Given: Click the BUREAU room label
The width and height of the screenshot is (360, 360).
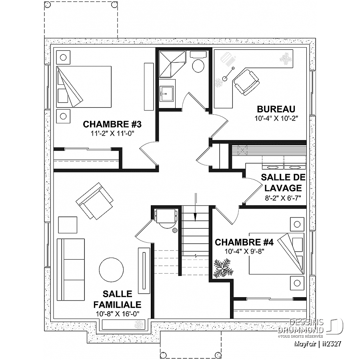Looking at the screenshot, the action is pos(276,109).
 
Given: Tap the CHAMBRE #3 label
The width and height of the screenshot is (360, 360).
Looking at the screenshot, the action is pos(112,124).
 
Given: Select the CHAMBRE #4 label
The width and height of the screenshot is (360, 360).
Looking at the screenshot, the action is pos(244,242).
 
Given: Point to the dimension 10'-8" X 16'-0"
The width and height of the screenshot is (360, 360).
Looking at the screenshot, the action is pos(118,314).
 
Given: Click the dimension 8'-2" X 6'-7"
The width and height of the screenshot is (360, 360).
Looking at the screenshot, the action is pos(283,198).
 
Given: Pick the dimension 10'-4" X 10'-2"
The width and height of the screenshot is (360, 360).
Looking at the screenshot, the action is pos(276,118).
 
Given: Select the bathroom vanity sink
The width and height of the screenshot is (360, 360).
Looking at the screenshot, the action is pos(167,94).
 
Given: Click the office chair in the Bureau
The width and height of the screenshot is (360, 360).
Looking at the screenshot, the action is pos(246,82).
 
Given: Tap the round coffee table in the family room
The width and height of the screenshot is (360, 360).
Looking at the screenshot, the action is pos(111,270).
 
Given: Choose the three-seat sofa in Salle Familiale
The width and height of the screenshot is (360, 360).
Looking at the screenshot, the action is pos(71,270).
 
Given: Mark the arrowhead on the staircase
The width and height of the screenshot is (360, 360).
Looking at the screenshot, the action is pos(195,217).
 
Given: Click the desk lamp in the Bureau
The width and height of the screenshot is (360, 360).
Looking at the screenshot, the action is pos(228,74).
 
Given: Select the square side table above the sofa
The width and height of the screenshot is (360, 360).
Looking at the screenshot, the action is pos(68,225).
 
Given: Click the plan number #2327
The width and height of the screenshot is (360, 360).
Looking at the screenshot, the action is pos(332,344).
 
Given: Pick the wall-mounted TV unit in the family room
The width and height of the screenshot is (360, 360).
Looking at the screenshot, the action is pos(144,270).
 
